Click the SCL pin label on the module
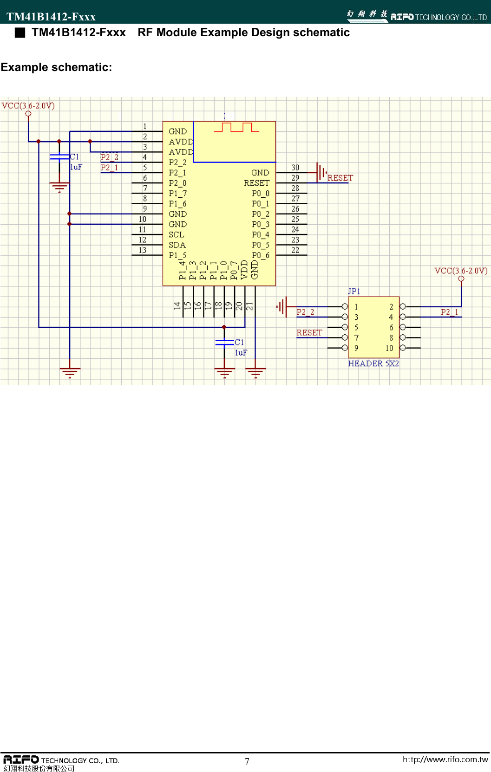tap(176, 234)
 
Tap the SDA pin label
tap(177, 245)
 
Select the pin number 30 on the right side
tap(295, 168)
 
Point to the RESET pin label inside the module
tap(256, 183)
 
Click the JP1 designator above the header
tap(354, 291)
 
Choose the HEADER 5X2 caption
tap(373, 363)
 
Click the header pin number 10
tap(389, 348)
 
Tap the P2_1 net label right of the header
tap(449, 312)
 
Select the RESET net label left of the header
tap(309, 332)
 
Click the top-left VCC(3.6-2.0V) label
tap(28, 105)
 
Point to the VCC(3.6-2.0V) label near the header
tap(461, 271)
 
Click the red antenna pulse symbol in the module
tap(236, 127)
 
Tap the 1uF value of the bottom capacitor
tap(241, 353)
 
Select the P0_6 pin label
tap(261, 255)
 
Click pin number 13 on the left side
tap(143, 250)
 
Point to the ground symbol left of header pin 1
tap(282, 306)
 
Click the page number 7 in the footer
tap(247, 761)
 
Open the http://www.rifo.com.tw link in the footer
tap(445, 759)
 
